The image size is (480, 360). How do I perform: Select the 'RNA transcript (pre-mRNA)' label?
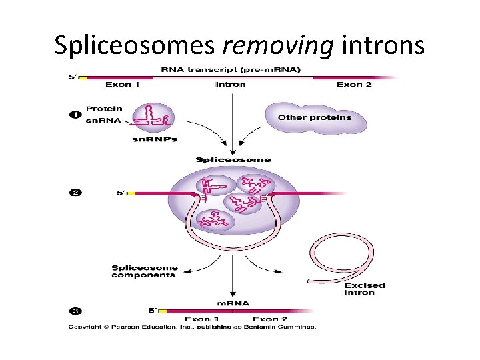[x=230, y=70]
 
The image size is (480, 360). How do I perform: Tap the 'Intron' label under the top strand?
[x=230, y=85]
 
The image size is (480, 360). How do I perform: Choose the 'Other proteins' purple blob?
[x=315, y=118]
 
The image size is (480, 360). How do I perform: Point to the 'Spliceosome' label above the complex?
[x=233, y=160]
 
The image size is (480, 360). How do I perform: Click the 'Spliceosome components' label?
[x=144, y=271]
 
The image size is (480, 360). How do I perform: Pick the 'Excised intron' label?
[x=364, y=289]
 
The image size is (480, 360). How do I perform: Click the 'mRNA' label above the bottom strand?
[x=233, y=303]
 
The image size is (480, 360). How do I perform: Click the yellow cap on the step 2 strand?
[x=131, y=193]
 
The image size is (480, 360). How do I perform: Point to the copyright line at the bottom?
[x=191, y=327]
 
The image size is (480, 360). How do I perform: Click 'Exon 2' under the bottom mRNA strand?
[x=269, y=319]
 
